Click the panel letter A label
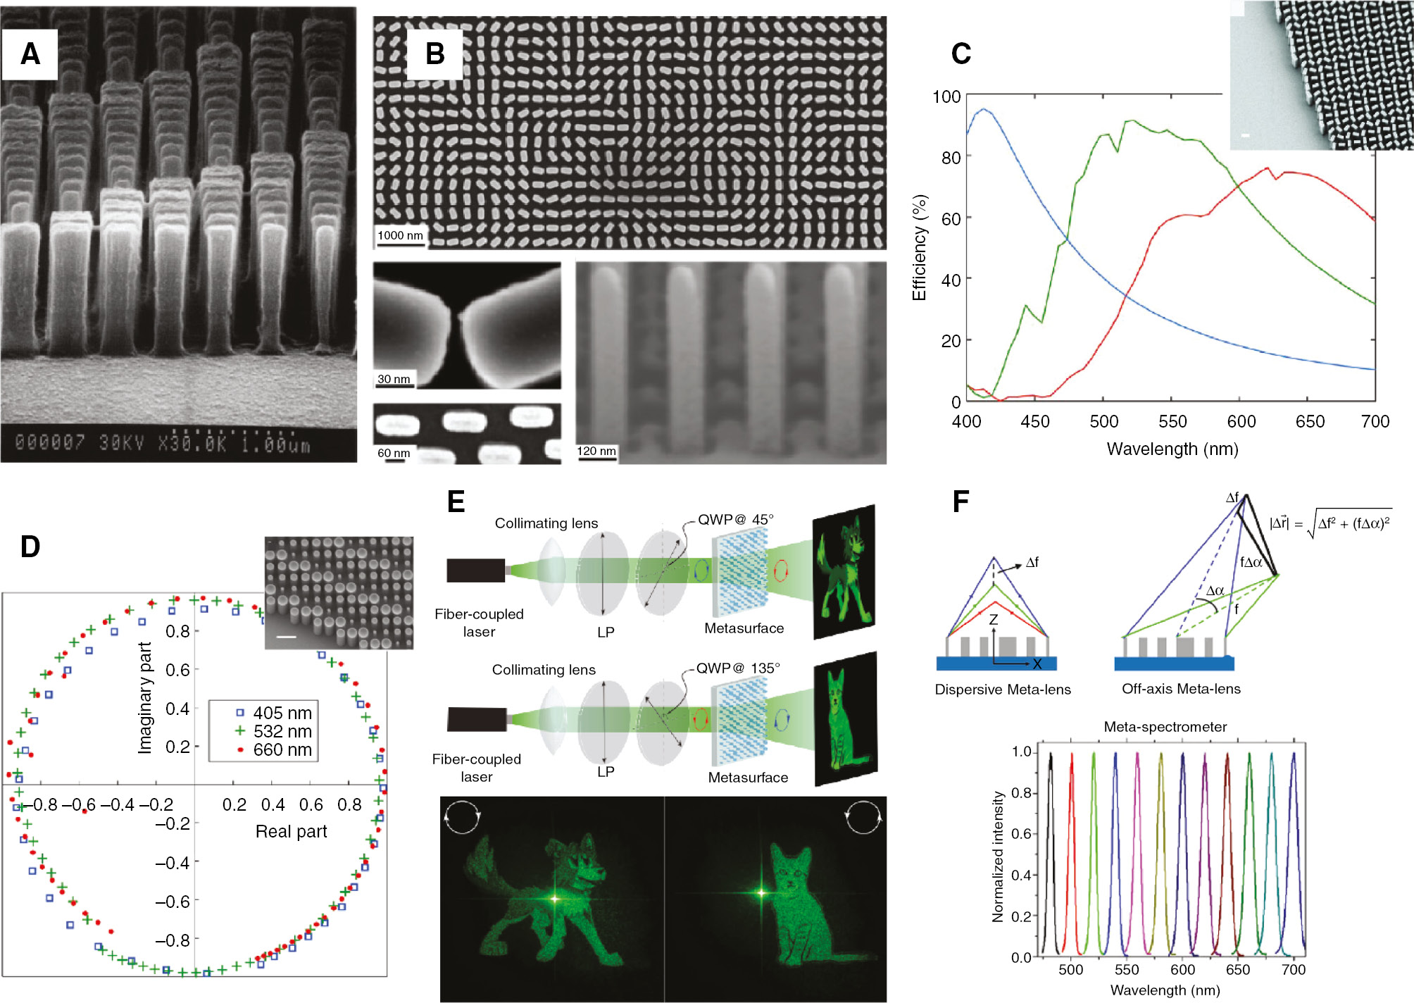[30, 54]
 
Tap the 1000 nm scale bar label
[400, 235]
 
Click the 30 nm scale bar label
[394, 379]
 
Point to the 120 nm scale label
[596, 451]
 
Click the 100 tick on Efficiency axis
[946, 96]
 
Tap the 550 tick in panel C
[1172, 421]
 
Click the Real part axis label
[291, 831]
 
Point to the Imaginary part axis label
[145, 698]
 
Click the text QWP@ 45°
[735, 520]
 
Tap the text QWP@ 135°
[737, 668]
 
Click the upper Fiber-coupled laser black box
[476, 570]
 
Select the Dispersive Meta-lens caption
[1002, 690]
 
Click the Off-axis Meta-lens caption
[1181, 689]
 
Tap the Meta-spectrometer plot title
[1165, 726]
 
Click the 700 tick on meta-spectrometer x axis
[1293, 969]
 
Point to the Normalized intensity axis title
[997, 856]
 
